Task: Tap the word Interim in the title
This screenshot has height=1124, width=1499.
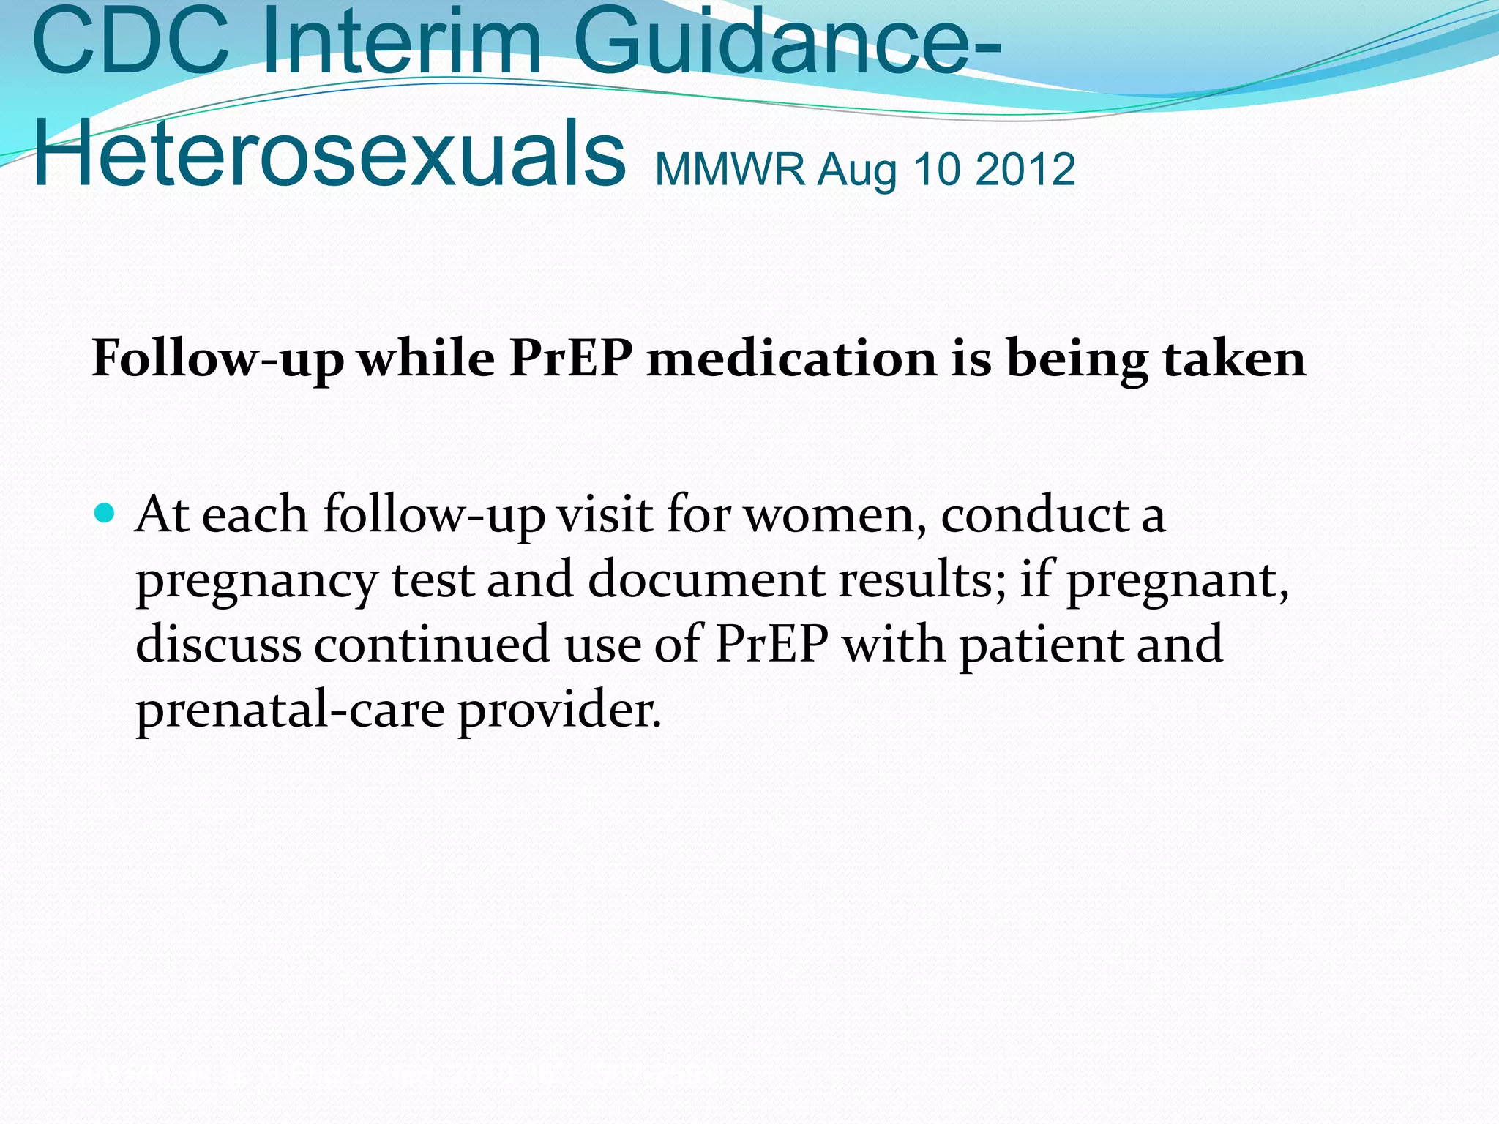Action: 401,42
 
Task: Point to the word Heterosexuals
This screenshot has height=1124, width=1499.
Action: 329,154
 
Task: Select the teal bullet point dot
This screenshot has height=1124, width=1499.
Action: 105,513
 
